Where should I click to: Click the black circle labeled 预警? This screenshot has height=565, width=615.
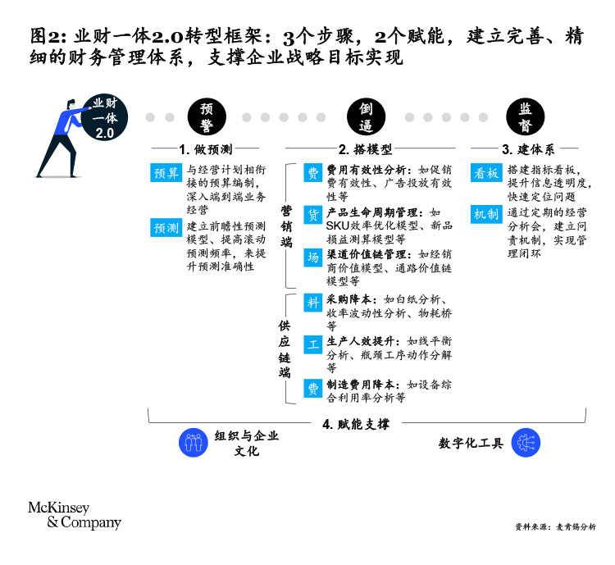coord(207,117)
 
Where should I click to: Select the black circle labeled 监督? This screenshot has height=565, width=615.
coord(523,117)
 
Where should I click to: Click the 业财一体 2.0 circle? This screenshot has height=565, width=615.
coord(105,117)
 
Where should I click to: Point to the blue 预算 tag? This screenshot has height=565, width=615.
coord(166,173)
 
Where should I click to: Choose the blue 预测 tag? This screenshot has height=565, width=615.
coord(166,227)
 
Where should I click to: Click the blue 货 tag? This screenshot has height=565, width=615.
coord(312,214)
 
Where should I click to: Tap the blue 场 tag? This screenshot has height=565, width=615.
coord(312,257)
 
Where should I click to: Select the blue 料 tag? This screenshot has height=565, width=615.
coord(312,301)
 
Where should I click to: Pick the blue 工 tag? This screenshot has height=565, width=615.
coord(312,344)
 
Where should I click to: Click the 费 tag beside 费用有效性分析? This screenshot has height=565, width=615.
coord(312,172)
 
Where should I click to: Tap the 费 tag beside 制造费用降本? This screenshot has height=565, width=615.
coord(312,387)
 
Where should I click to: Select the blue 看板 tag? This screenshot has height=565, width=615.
coord(485,172)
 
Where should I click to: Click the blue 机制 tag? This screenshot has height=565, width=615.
coord(485,214)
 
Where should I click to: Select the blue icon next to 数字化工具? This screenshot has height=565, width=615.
coord(525,443)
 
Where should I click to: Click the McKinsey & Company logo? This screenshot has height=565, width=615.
coord(74,514)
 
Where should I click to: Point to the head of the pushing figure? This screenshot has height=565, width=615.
coord(71,105)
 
